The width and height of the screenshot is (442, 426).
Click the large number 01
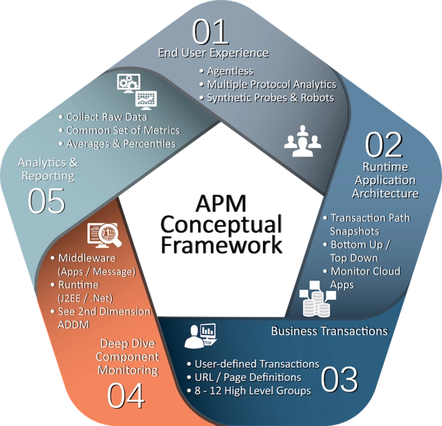coord(210,31)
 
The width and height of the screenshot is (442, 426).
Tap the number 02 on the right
coord(383,144)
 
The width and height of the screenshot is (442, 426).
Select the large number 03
coord(339,379)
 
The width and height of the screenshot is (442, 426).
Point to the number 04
coord(126,395)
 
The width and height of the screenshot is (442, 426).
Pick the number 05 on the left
coord(47,201)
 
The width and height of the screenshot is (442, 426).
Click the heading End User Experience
coord(213,53)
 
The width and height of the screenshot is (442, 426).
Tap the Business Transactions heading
coord(330,331)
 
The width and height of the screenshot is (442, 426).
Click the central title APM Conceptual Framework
coord(221,224)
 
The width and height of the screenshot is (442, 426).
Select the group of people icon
coord(303,141)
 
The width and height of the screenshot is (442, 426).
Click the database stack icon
coord(317,299)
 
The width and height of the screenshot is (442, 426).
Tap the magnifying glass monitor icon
coord(105,235)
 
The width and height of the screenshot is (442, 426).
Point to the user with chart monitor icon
coord(200,336)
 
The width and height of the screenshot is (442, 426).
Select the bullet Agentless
coord(226,71)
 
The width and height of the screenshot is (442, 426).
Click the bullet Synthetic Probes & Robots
coord(266,98)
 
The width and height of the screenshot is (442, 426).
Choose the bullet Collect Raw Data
coord(103,117)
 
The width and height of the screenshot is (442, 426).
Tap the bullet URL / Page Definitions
coord(244,377)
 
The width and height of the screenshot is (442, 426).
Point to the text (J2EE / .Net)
coord(86,298)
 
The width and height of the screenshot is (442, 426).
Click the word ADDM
coord(74,325)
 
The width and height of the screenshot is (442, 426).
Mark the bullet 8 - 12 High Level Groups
coord(249,390)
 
